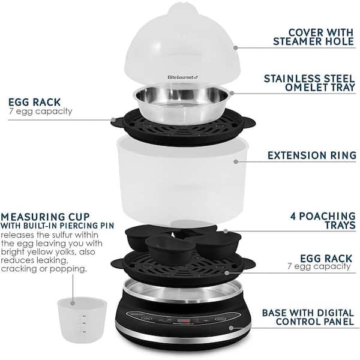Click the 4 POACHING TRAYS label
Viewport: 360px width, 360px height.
click(316, 220)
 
